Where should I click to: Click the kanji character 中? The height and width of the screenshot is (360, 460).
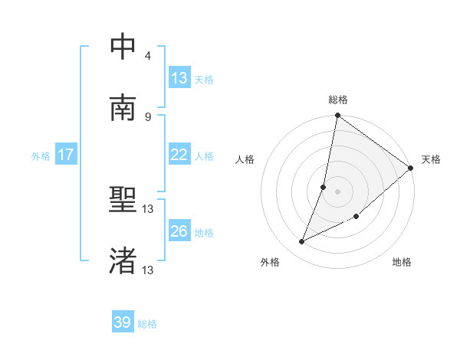tap(123, 47)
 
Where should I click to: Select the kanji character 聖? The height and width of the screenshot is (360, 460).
tap(123, 200)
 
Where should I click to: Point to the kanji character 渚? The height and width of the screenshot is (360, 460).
tap(123, 261)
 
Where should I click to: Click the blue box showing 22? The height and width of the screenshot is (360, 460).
tap(179, 155)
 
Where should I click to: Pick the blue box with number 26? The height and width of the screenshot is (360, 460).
tap(179, 231)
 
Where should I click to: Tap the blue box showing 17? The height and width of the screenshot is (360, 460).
tap(66, 155)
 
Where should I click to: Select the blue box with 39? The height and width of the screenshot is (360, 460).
tap(123, 322)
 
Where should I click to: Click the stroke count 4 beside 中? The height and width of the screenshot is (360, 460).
tap(148, 56)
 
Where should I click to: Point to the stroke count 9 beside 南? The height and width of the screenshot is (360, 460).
tap(148, 117)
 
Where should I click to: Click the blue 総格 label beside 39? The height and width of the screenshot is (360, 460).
tap(147, 324)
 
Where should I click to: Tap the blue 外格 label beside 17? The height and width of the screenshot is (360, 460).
tap(41, 155)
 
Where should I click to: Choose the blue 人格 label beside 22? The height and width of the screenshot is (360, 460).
tap(204, 155)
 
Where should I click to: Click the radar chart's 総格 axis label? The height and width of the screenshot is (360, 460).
tap(338, 100)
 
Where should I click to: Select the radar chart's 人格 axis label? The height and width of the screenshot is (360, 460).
tap(245, 159)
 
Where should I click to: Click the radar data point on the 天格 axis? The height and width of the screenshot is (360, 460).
tap(411, 168)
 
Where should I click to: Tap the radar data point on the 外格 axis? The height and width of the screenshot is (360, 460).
tap(302, 242)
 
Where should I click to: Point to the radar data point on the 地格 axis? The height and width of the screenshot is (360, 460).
tap(356, 217)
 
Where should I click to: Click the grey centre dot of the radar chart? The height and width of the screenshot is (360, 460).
tap(338, 191)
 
